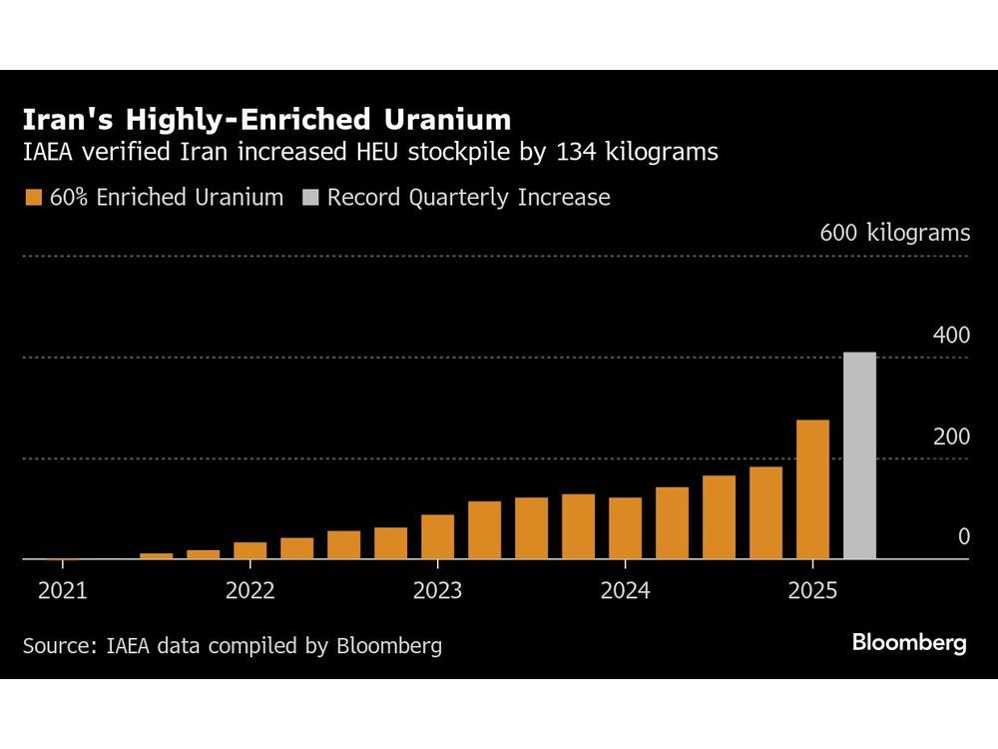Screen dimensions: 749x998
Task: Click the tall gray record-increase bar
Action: (859, 455)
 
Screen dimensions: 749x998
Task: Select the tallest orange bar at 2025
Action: (812, 489)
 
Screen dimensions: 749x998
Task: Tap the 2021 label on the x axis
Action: (63, 590)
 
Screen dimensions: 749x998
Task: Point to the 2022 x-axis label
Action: (249, 590)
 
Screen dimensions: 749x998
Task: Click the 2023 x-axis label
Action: (437, 590)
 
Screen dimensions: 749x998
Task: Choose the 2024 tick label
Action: (625, 590)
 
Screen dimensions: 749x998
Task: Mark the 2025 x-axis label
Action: (812, 590)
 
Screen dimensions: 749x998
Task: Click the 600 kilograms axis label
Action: (894, 234)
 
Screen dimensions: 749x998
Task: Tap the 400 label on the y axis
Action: (951, 336)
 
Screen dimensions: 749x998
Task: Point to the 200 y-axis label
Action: (951, 437)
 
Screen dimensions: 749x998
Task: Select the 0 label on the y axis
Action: (963, 537)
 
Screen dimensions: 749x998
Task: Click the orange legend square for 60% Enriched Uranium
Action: (32, 198)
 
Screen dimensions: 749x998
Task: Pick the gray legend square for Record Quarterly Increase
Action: (309, 198)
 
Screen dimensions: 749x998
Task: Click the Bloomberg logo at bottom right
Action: (908, 643)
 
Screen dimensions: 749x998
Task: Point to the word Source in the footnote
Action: (55, 645)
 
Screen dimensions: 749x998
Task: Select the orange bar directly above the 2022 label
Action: (249, 550)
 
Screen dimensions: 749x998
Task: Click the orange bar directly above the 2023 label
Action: (437, 536)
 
